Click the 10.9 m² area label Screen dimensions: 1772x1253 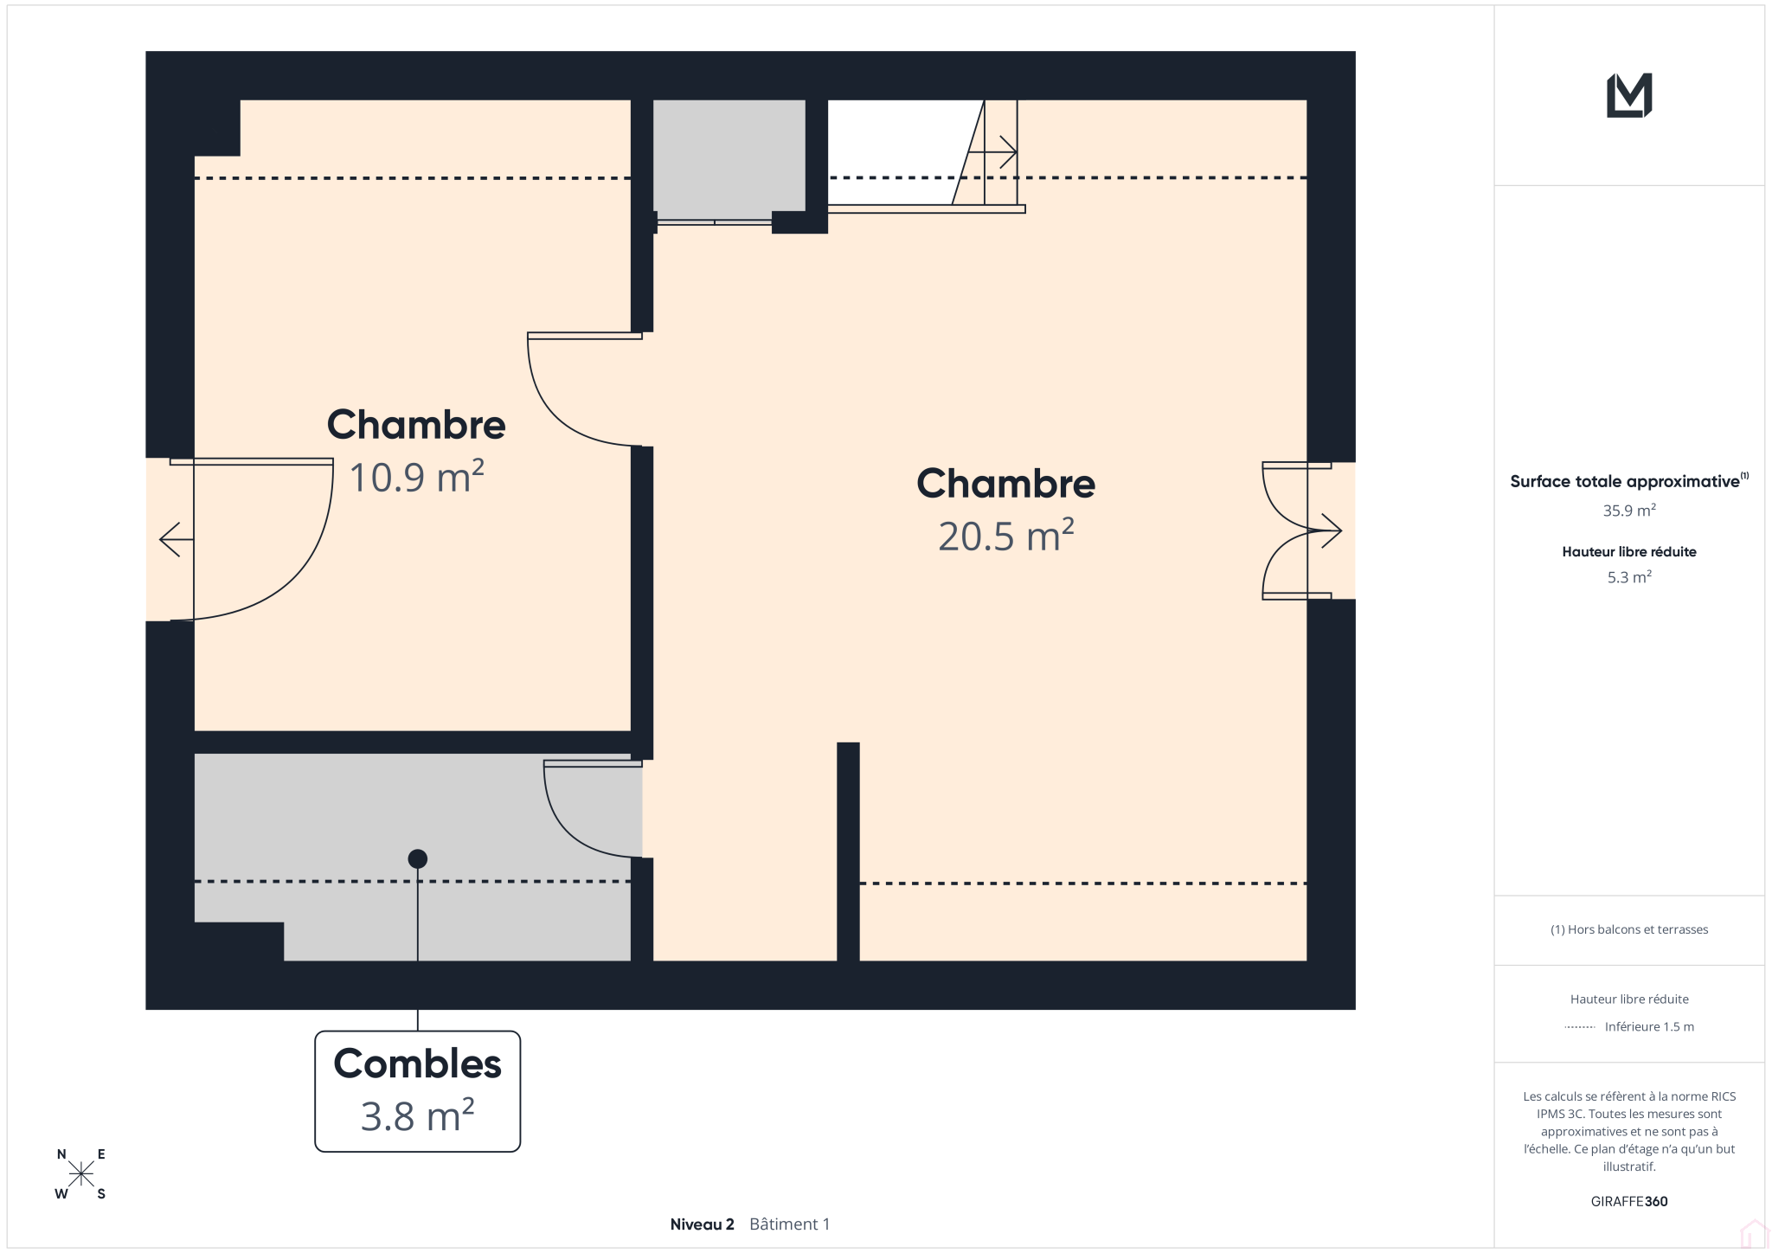pos(416,477)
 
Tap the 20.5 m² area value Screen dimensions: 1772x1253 pos(1006,536)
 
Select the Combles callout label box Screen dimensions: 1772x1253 pos(418,1091)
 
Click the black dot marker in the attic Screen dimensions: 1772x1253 pos(418,858)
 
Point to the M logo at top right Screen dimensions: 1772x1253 pos(1629,95)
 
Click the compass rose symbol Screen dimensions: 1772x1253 pos(81,1174)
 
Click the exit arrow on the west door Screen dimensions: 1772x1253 pos(177,540)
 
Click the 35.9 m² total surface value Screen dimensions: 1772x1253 pos(1629,511)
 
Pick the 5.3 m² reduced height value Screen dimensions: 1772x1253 pos(1629,577)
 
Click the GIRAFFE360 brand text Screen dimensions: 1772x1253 pos(1629,1201)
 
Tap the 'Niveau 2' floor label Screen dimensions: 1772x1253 pos(702,1224)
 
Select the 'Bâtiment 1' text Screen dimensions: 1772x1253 pos(789,1224)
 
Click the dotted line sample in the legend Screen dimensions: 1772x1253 pos(1580,1027)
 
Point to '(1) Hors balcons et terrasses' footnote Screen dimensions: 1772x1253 pos(1629,929)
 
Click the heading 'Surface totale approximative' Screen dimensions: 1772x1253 pos(1625,481)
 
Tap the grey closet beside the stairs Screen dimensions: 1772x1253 pos(729,160)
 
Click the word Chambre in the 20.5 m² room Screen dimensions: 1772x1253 pos(1006,484)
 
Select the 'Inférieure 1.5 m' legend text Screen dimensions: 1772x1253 pos(1649,1027)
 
